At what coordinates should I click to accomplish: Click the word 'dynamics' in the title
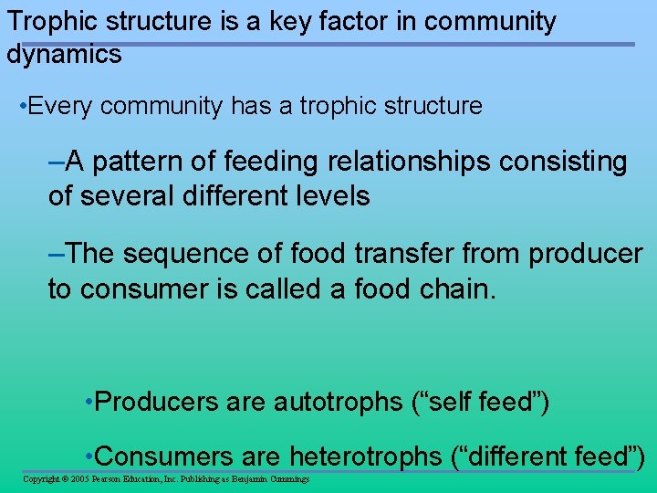(x=63, y=54)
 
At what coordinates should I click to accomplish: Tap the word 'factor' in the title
(x=320, y=21)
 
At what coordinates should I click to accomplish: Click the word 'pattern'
(x=140, y=162)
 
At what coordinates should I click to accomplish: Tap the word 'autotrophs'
(x=338, y=402)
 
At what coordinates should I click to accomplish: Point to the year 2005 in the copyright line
(x=78, y=479)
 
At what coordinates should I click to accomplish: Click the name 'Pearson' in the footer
(x=109, y=479)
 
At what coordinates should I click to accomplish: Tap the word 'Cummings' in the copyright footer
(x=287, y=479)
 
